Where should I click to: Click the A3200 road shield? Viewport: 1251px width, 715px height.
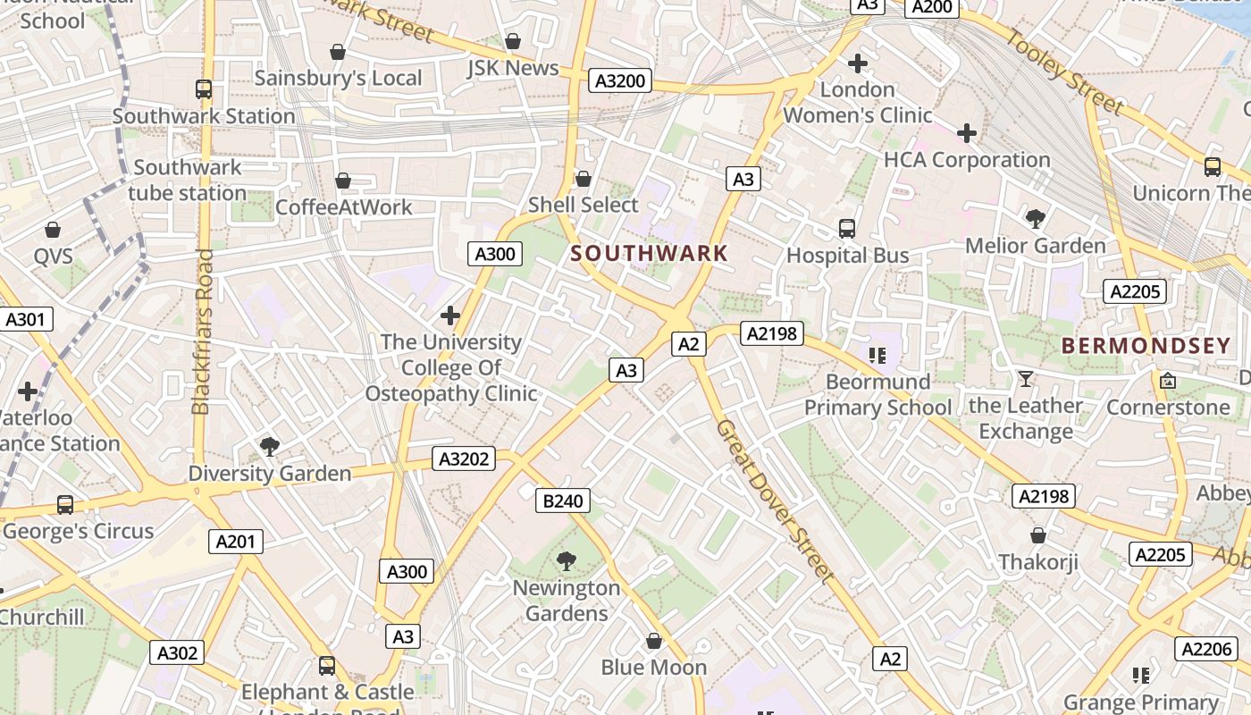point(620,81)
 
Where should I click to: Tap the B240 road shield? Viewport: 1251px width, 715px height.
point(563,500)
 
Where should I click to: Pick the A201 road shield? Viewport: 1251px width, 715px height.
point(236,541)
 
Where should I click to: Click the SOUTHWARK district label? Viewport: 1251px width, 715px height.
point(650,253)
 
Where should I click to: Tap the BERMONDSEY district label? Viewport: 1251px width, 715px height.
point(1146,346)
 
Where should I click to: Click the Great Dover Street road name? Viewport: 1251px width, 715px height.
point(775,501)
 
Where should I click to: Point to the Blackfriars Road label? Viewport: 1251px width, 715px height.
point(203,332)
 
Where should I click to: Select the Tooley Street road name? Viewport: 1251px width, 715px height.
point(1064,71)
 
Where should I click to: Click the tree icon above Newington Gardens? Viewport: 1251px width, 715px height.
point(566,561)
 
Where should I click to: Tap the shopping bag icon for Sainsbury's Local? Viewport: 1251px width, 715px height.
point(338,52)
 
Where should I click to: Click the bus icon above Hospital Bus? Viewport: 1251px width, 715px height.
point(847,229)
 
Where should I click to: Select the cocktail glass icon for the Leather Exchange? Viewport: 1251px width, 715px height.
point(1026,379)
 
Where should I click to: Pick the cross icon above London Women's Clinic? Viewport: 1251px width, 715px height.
point(858,63)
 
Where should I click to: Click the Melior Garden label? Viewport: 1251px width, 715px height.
point(1036,245)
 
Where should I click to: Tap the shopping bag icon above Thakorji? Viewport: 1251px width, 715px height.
point(1038,535)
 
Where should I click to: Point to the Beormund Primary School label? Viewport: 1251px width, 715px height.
point(877,395)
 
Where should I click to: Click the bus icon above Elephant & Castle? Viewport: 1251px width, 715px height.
point(327,666)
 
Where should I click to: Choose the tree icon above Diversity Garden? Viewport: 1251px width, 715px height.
point(269,446)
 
